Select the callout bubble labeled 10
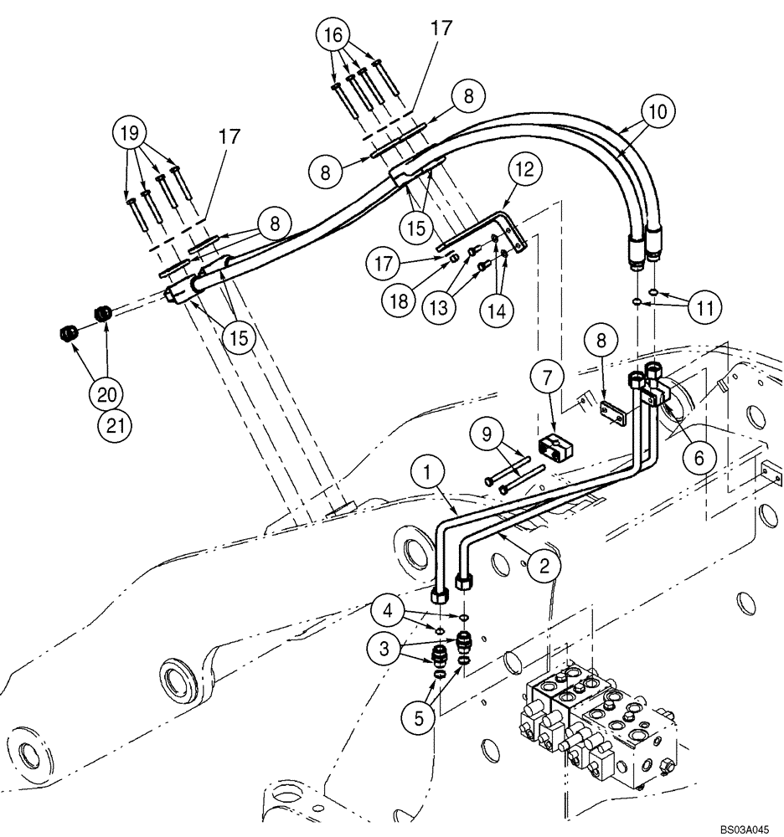658,110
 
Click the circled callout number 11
704,307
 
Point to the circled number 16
333,36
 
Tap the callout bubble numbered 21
115,426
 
